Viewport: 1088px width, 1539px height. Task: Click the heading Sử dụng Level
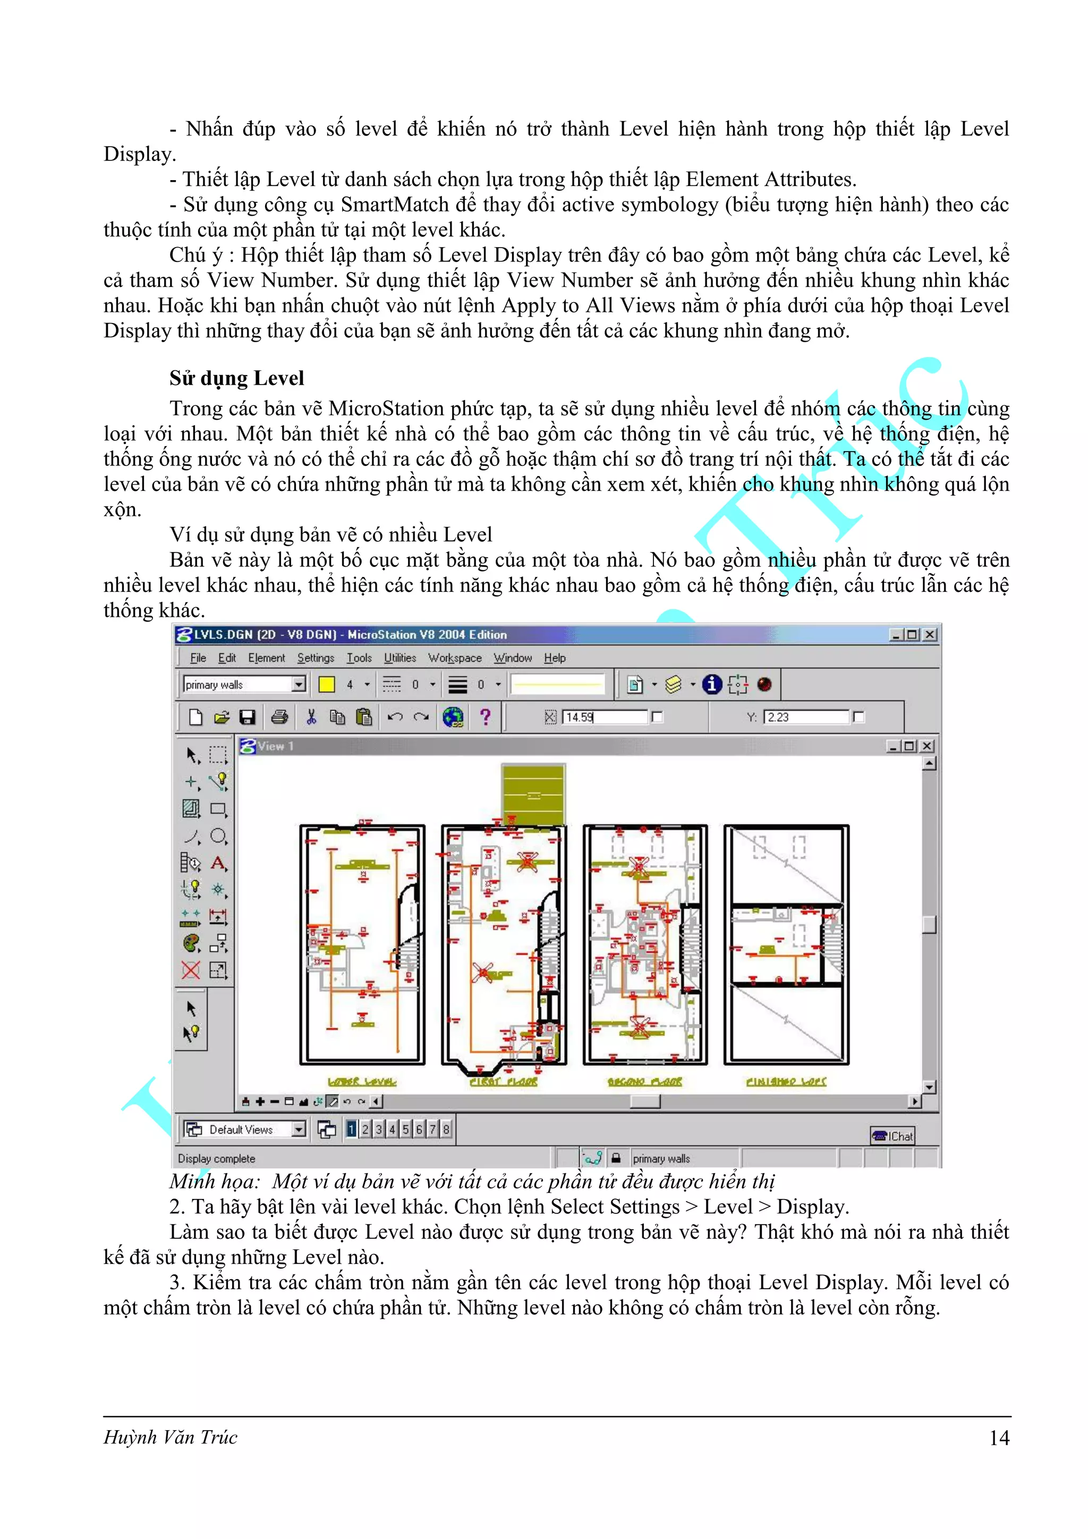236,379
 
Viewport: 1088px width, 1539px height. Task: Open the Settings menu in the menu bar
315,658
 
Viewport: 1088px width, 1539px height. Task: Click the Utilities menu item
399,658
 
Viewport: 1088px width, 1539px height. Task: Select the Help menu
555,658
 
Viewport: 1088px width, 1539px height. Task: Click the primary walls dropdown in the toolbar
244,684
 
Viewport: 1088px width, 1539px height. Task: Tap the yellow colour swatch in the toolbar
327,684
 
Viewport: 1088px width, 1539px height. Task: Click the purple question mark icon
486,717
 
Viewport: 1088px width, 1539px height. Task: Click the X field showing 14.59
604,717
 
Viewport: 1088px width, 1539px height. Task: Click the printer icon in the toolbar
279,717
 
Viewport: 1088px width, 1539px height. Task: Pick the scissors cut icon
311,717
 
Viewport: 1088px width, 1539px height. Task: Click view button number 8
446,1129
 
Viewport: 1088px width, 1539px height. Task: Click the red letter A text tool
218,863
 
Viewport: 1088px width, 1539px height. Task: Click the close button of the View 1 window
927,746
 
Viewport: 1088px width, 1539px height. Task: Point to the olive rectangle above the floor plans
533,794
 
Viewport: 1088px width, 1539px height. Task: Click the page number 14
999,1438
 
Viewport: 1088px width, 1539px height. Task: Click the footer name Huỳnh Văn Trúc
171,1438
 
